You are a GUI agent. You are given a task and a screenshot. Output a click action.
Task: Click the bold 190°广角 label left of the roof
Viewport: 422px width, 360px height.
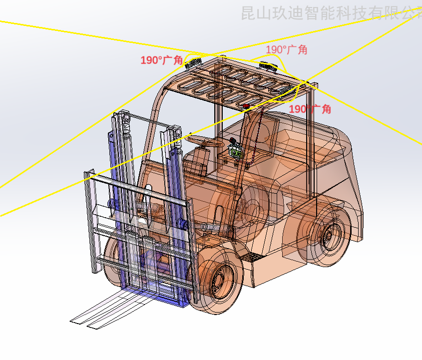161,60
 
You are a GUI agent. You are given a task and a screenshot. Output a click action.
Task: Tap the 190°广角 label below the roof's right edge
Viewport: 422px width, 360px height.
310,109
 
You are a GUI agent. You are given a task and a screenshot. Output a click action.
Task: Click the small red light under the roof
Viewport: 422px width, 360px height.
246,106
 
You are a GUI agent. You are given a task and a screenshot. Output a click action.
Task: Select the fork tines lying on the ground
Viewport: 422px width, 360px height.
100,312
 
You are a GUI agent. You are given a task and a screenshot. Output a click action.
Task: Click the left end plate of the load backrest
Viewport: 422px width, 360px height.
90,220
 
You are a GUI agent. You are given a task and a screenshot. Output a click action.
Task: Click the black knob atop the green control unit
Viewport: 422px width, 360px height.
233,141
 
